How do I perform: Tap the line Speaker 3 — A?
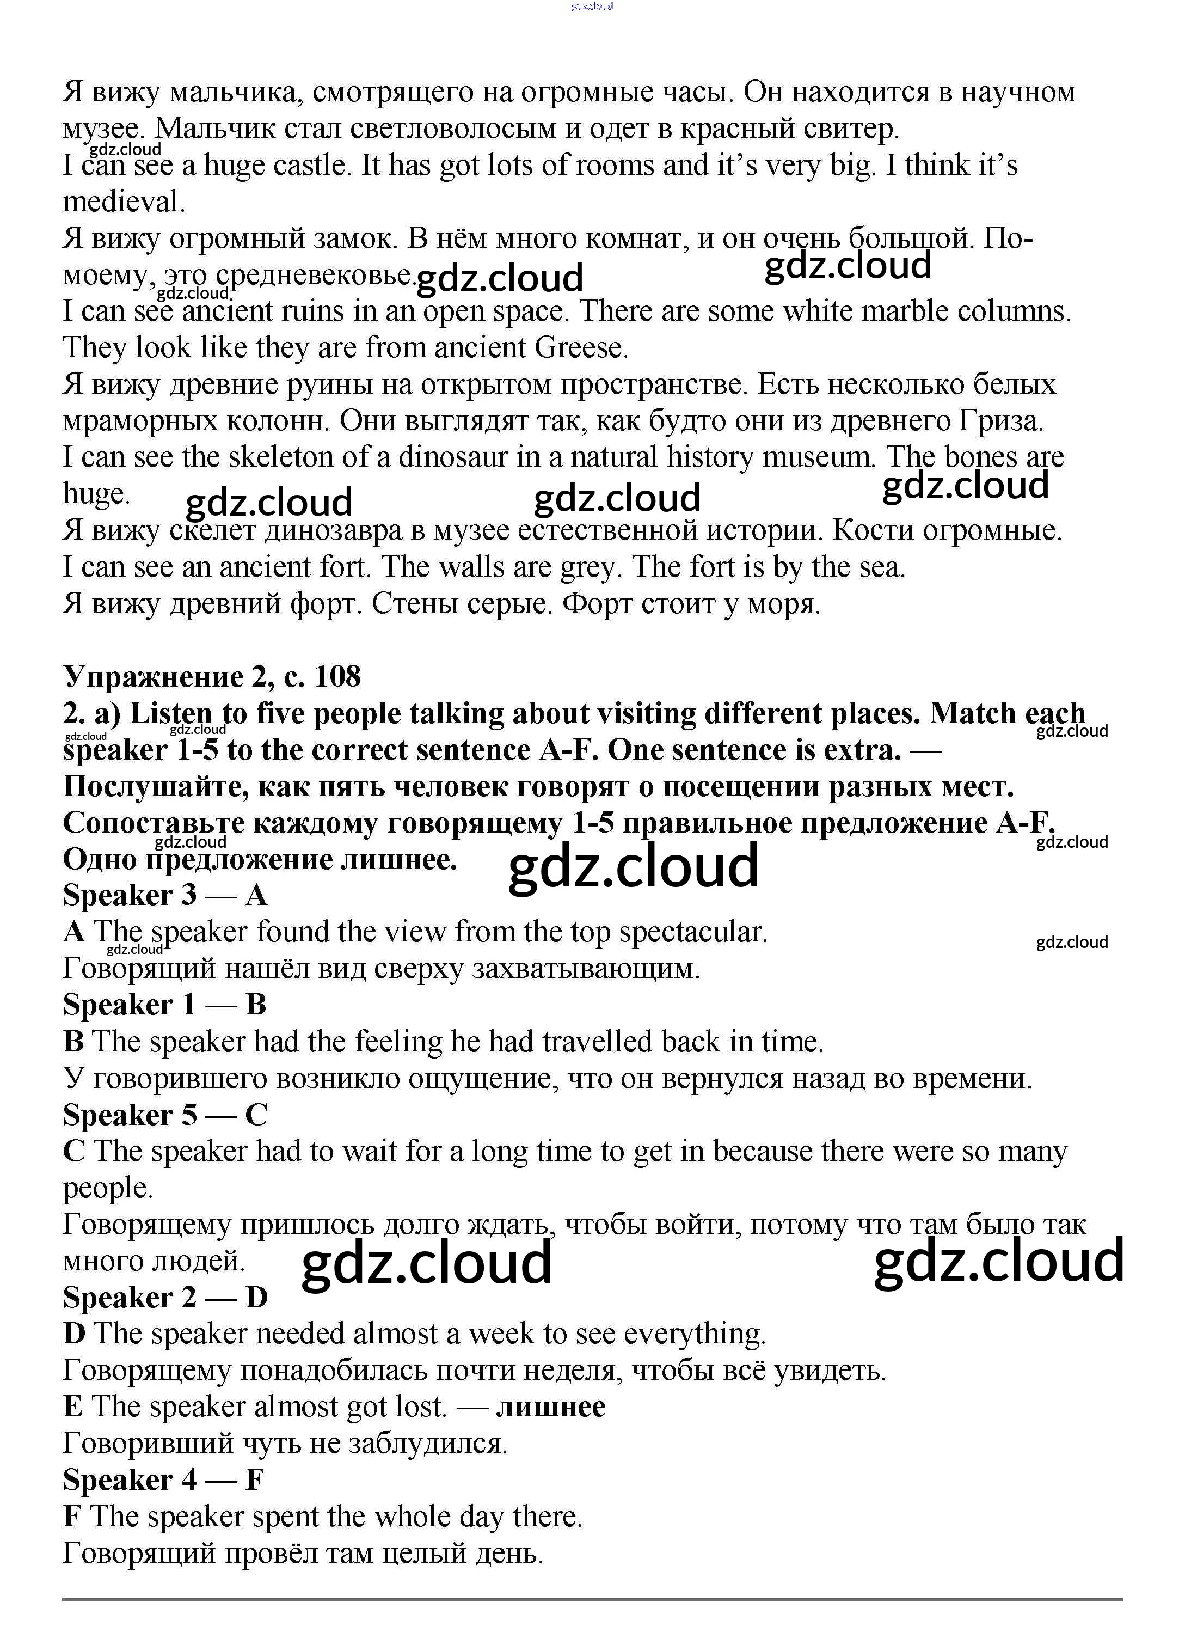pos(165,895)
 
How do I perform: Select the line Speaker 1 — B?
pos(165,1005)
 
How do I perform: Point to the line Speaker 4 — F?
pos(163,1480)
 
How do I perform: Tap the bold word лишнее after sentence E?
pos(551,1407)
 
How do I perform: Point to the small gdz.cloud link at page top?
pos(592,6)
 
